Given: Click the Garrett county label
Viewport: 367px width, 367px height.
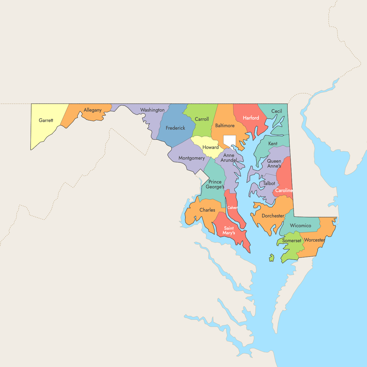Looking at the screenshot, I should coord(46,120).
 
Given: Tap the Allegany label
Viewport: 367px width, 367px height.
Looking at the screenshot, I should coord(92,110).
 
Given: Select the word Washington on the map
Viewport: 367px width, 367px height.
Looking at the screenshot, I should coord(152,110).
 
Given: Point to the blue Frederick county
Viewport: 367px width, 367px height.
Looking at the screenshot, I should coord(175,128).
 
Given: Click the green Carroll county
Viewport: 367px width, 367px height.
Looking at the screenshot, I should coord(202,119).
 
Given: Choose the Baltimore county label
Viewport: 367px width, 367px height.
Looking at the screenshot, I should coord(225,126).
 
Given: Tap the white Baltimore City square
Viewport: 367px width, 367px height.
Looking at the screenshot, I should coord(229,140).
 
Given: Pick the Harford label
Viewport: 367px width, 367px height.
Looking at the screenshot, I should coord(251,118).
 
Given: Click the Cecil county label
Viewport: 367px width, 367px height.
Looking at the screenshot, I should coord(276,111).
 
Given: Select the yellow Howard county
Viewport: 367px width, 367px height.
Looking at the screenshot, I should coord(210,147).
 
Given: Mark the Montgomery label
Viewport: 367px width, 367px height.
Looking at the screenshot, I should coord(191,158).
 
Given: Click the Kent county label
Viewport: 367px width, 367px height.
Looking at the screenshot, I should coord(273,144).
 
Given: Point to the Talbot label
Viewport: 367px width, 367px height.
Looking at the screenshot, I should coord(269,183).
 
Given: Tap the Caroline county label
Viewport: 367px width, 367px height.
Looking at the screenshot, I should coord(284,191).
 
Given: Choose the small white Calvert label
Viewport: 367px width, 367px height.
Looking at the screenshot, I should coord(232,208).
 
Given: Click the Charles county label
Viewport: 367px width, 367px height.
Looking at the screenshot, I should coord(207,210).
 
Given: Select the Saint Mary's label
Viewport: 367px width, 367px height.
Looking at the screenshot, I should coord(229,230).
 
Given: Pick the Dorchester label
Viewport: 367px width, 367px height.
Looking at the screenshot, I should coord(273,216).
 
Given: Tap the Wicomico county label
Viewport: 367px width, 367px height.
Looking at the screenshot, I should coord(300,226).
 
